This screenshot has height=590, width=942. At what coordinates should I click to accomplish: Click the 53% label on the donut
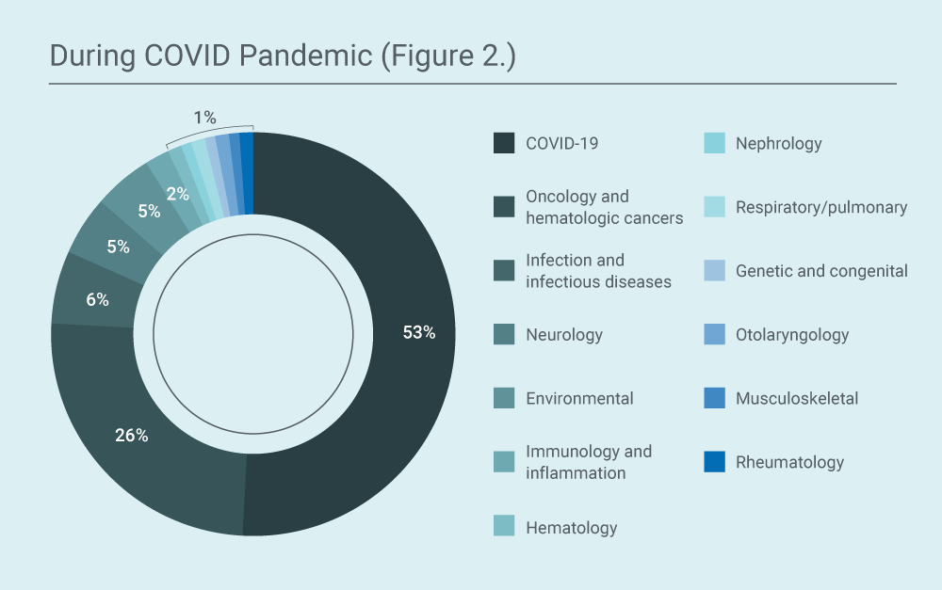click(419, 332)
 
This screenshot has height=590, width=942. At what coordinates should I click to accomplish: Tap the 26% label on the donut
click(132, 435)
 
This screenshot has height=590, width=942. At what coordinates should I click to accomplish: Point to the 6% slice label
click(97, 299)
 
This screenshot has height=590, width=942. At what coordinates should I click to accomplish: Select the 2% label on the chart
click(178, 194)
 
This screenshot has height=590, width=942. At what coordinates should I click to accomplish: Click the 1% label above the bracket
click(204, 117)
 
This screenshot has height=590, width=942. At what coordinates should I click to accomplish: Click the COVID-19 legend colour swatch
click(504, 143)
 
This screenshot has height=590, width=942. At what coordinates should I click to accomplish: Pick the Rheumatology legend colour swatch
click(714, 462)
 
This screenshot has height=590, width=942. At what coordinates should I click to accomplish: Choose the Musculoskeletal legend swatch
click(714, 398)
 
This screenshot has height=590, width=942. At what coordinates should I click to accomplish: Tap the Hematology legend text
click(572, 528)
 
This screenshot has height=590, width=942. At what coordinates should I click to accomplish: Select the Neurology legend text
click(564, 334)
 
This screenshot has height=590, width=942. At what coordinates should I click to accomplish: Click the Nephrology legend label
click(779, 143)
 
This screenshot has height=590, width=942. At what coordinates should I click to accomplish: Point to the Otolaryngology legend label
click(792, 334)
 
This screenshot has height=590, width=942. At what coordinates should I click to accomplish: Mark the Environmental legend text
click(579, 399)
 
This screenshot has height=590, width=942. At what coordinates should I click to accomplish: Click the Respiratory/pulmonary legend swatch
click(714, 207)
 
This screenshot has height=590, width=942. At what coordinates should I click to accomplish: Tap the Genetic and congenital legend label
click(821, 271)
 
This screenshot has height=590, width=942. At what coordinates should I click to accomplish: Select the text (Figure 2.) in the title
click(448, 56)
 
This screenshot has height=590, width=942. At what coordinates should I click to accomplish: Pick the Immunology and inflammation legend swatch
click(504, 462)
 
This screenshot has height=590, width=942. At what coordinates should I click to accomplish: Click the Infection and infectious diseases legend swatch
click(504, 271)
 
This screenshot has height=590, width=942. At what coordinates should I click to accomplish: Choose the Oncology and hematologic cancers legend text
click(605, 207)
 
